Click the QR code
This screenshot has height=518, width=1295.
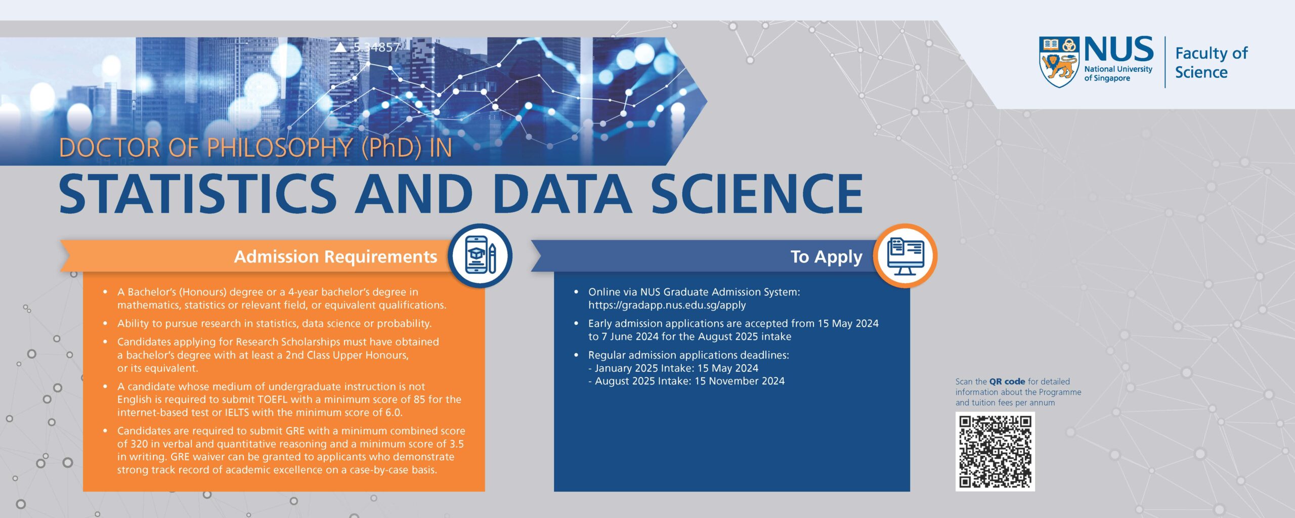(x=995, y=451)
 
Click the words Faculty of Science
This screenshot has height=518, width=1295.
(x=1211, y=62)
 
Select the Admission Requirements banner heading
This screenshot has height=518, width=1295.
(x=335, y=256)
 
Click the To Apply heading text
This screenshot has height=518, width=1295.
(x=826, y=257)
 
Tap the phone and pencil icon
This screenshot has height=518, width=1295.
(x=480, y=255)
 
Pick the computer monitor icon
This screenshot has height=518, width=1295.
(x=905, y=256)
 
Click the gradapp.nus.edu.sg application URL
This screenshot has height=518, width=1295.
(x=667, y=305)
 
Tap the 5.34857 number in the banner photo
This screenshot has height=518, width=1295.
(x=376, y=47)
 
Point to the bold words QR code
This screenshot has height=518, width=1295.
(x=1007, y=381)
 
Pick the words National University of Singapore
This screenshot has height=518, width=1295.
(x=1118, y=73)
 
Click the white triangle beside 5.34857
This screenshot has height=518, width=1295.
(x=341, y=47)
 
